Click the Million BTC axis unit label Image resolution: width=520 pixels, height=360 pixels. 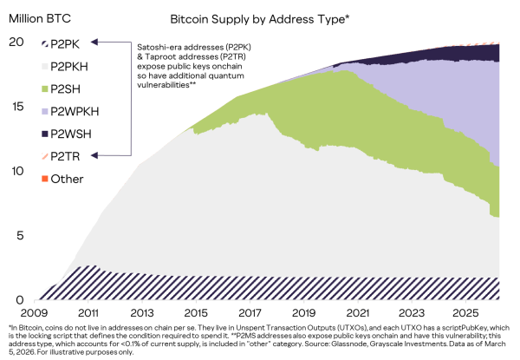[x=38, y=17]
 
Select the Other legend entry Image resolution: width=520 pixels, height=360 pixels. [x=67, y=179]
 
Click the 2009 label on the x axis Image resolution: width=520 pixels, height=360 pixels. [x=33, y=311]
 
